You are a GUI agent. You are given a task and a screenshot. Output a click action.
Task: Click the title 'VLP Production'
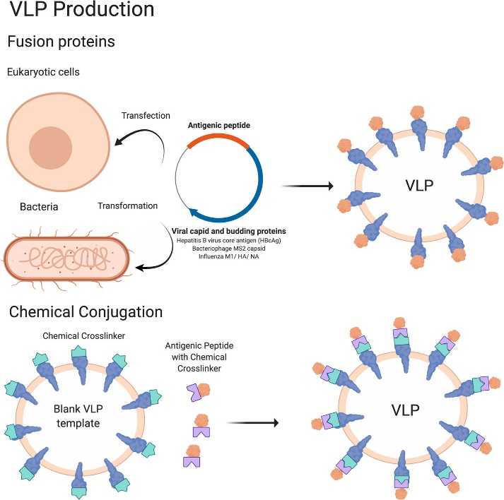[81, 10]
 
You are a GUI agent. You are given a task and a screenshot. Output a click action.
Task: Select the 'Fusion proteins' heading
[61, 42]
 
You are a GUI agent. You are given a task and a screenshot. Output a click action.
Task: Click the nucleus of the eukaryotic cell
[50, 150]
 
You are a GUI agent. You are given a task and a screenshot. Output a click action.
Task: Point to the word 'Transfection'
[146, 116]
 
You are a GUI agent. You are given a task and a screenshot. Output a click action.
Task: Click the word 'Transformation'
[127, 206]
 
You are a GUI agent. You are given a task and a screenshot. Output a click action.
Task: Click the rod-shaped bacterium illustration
[68, 254]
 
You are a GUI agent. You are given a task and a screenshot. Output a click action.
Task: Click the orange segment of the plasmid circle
[218, 138]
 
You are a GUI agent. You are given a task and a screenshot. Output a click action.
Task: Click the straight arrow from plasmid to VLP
[307, 187]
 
